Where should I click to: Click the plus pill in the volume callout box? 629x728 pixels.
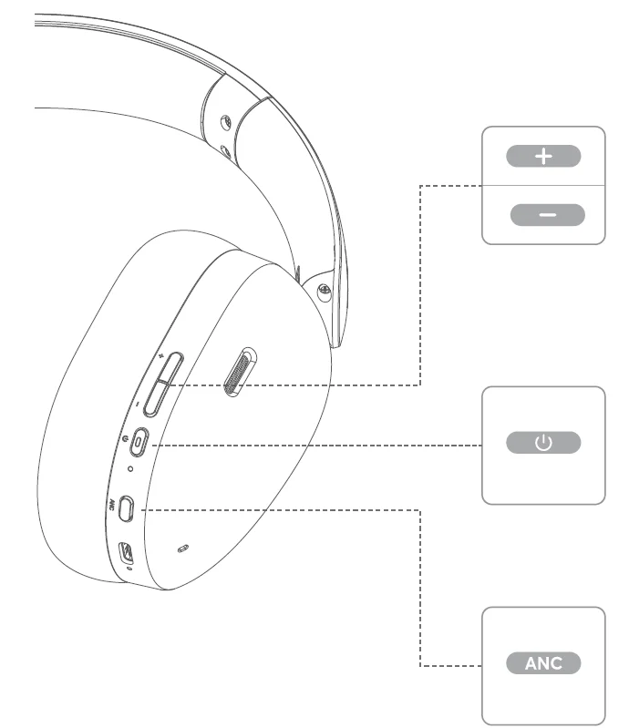pyautogui.click(x=543, y=156)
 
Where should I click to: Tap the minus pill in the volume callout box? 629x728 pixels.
pyautogui.click(x=547, y=215)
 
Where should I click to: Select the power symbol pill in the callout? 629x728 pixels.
pyautogui.click(x=543, y=444)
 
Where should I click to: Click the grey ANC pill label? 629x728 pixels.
pyautogui.click(x=543, y=662)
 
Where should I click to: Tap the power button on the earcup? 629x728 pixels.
pyautogui.click(x=139, y=443)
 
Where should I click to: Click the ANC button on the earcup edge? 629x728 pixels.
pyautogui.click(x=127, y=507)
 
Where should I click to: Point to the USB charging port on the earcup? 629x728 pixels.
pyautogui.click(x=127, y=551)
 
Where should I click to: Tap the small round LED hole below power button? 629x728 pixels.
pyautogui.click(x=130, y=469)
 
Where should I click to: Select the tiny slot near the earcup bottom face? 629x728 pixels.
pyautogui.click(x=183, y=548)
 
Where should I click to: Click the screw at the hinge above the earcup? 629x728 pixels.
pyautogui.click(x=323, y=292)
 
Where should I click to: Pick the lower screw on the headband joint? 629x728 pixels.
pyautogui.click(x=224, y=149)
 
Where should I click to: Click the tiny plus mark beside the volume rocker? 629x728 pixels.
pyautogui.click(x=160, y=355)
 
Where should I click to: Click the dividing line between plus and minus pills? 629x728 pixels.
pyautogui.click(x=543, y=185)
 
